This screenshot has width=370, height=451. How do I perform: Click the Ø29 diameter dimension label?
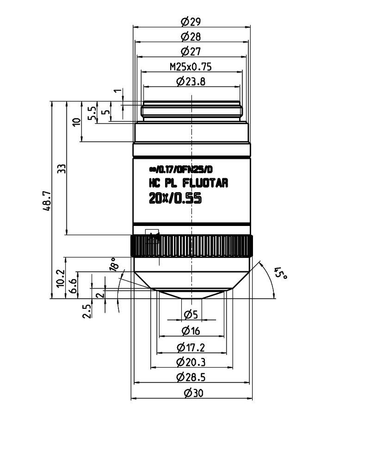tap(191, 21)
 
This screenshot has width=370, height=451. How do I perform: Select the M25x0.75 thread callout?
tap(191, 67)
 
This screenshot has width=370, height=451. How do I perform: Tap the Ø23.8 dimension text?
tap(191, 81)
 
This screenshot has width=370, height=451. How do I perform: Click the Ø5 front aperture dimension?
tap(191, 315)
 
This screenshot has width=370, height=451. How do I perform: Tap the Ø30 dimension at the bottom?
tap(193, 393)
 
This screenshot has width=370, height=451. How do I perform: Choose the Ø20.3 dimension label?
tap(191, 362)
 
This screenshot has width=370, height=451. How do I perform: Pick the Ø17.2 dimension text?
tap(191, 347)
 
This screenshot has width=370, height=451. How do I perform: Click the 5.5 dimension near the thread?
tap(92, 113)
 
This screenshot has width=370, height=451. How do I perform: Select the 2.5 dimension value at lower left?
tap(86, 311)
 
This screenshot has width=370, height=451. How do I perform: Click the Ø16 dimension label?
tap(191, 331)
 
